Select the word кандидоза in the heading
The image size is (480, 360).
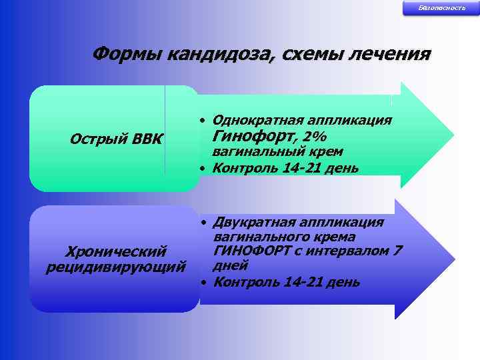[x=213, y=54]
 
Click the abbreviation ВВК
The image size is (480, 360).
[x=147, y=139]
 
